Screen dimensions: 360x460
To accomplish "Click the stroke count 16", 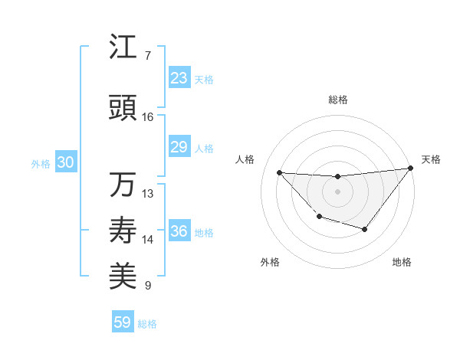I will click(148, 117).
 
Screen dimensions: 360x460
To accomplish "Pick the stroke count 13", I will click(148, 194).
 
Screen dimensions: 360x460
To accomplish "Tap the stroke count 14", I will click(148, 240).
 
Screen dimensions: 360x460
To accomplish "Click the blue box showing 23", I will click(179, 78).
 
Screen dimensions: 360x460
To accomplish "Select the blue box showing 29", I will click(179, 147).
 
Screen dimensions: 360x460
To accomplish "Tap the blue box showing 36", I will click(179, 231).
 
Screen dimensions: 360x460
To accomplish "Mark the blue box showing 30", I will click(65, 162).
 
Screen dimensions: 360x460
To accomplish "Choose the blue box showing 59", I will click(123, 322).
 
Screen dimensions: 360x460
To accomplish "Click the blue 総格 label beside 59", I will click(147, 324).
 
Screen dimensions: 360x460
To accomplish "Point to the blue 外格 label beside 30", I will click(41, 164).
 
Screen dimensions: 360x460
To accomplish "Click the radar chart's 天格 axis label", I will click(431, 159).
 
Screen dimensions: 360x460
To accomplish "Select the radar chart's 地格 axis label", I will click(402, 262).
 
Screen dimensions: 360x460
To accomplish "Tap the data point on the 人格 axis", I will click(280, 172).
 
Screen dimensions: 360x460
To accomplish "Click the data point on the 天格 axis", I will click(411, 168).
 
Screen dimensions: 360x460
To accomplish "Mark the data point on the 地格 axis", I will click(365, 229).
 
